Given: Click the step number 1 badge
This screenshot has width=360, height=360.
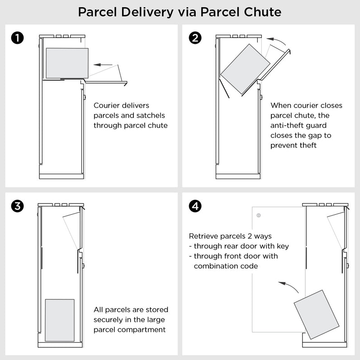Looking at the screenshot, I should pos(18,38).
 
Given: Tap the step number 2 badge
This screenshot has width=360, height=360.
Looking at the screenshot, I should pos(195,38).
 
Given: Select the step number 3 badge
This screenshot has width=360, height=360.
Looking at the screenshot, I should pos(18,207).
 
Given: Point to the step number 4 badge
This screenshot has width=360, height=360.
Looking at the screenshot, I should pos(195,207).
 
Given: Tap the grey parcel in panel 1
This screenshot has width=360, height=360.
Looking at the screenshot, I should pos(67,63).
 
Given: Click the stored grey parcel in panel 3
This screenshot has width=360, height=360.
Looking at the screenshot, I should pos(60,320).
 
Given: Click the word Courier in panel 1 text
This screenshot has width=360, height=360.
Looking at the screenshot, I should pos(107,105).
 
